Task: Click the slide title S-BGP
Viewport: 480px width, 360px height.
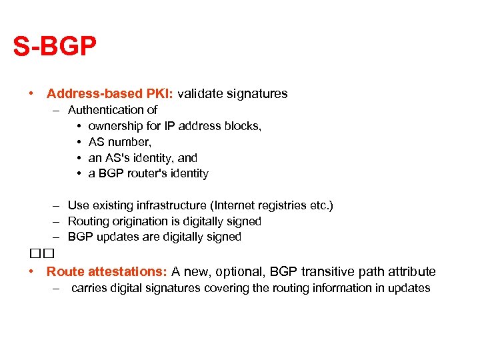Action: [x=55, y=47]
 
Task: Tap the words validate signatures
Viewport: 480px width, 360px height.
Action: [x=232, y=94]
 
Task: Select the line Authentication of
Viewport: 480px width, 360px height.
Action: [x=113, y=110]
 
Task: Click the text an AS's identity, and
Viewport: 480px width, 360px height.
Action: [x=143, y=158]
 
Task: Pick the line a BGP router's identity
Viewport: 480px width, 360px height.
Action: [x=148, y=174]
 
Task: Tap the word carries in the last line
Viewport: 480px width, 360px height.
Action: [x=90, y=288]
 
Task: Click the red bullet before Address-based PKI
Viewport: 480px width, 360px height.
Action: [x=31, y=94]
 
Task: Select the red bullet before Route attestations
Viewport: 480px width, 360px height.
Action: [x=31, y=272]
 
